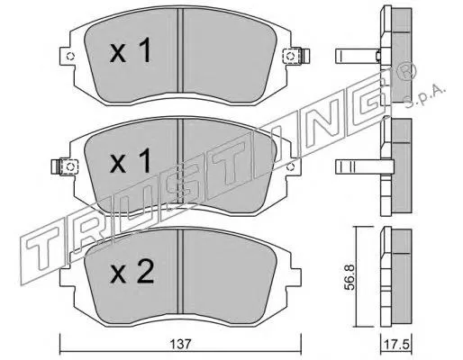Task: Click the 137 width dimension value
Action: pos(181,344)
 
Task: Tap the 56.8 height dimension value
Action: pos(350,277)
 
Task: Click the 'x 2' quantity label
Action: pos(132,272)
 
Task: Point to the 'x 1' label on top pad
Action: pos(130,51)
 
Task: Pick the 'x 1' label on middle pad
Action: pos(130,161)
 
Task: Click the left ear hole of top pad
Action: pos(70,57)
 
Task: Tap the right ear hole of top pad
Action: pos(290,56)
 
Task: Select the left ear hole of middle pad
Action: pos(70,166)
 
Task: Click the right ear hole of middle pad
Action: pos(290,166)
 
